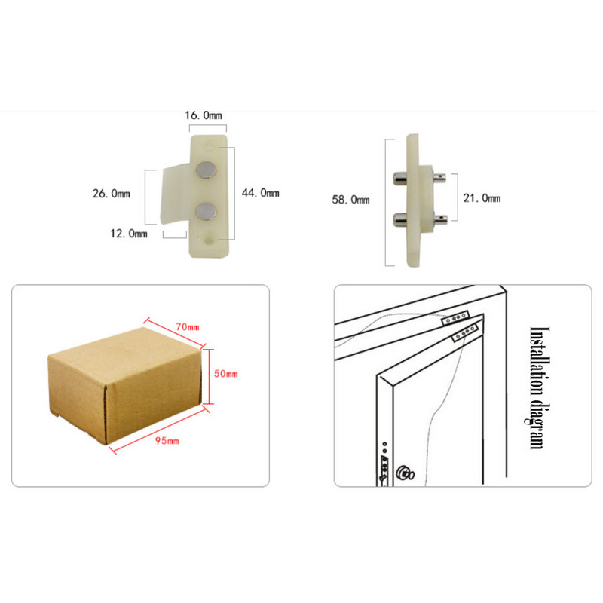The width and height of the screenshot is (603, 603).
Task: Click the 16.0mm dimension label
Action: coord(204,115)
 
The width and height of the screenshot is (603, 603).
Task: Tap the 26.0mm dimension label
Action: coord(111,194)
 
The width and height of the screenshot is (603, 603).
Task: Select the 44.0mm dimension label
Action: coord(260,193)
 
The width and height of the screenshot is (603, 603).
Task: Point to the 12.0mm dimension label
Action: coord(129,234)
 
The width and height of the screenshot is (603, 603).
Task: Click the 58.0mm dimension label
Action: coord(350,200)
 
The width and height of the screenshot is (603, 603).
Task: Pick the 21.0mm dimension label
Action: coord(482,198)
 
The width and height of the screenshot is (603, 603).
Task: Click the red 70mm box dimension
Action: coord(188,327)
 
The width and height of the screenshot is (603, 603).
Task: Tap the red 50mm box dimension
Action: coord(225,373)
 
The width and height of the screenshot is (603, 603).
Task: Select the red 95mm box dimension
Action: coord(167,440)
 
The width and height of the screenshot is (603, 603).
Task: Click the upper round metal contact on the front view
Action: coord(206,170)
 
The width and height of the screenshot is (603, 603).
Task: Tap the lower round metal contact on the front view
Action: coord(206,212)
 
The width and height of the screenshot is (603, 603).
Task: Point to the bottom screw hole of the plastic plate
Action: coord(210,240)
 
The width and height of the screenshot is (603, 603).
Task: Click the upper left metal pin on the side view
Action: coord(400,179)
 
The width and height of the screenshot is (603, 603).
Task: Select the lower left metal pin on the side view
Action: coord(400,219)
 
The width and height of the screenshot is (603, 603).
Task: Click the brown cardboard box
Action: coord(125,386)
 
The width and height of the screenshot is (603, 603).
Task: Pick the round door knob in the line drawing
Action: coord(405,473)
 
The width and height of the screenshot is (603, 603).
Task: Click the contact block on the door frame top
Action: coord(456,318)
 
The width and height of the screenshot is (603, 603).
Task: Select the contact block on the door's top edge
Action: coord(466,332)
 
